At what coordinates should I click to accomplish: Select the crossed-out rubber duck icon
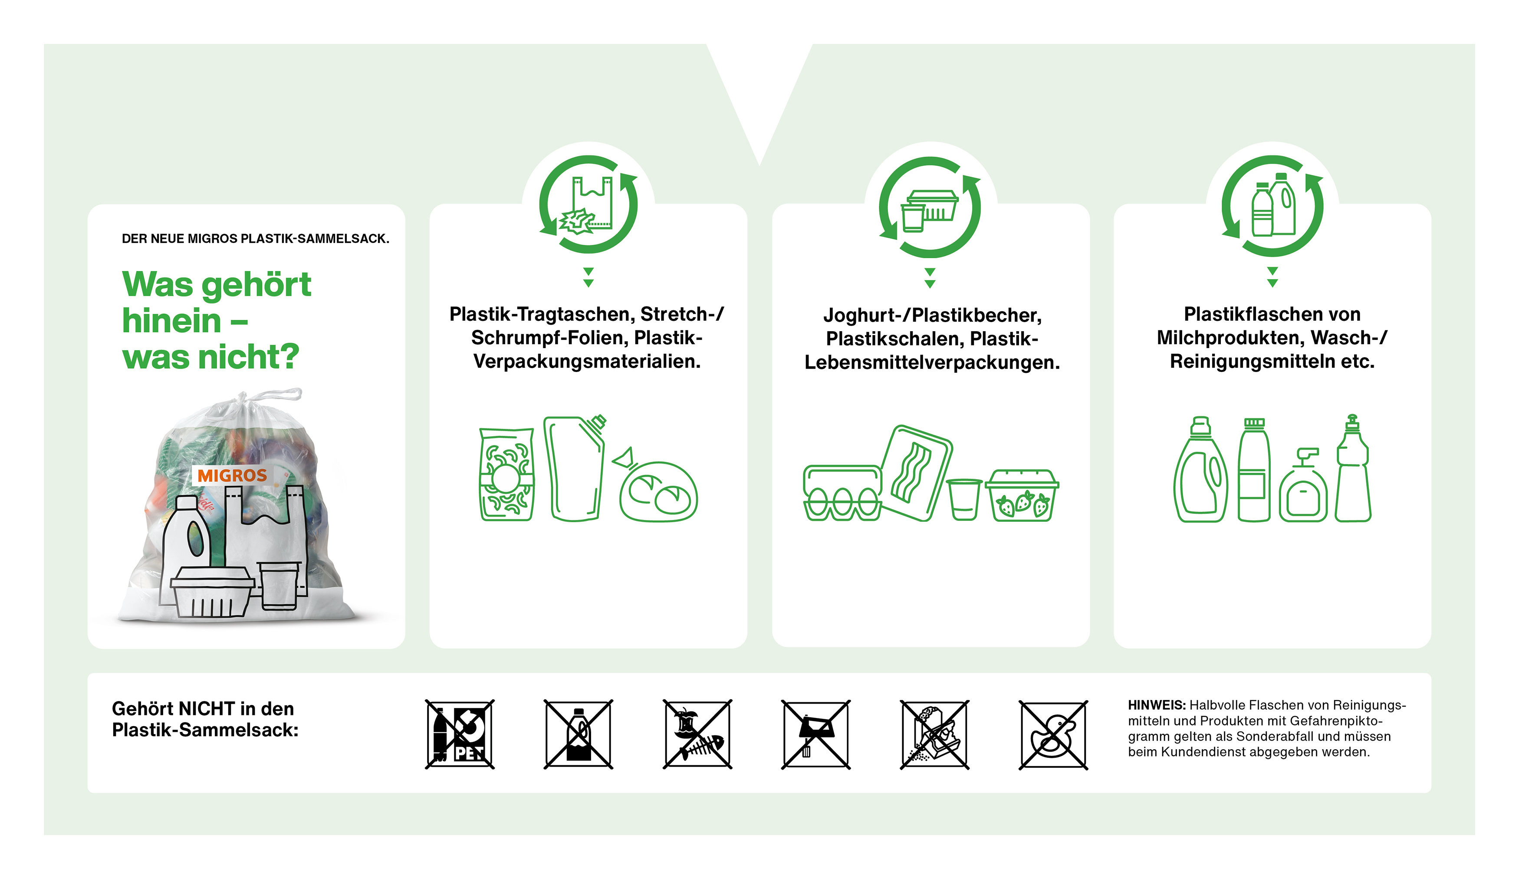1053,734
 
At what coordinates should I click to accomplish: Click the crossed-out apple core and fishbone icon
697,734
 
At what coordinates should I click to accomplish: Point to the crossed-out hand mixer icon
815,734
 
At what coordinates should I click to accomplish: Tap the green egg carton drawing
842,493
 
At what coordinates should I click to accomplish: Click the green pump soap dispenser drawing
1303,487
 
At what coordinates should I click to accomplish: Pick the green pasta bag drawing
506,474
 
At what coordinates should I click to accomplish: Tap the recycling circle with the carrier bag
589,205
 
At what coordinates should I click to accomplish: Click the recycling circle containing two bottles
1272,206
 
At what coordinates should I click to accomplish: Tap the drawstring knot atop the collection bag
242,398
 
